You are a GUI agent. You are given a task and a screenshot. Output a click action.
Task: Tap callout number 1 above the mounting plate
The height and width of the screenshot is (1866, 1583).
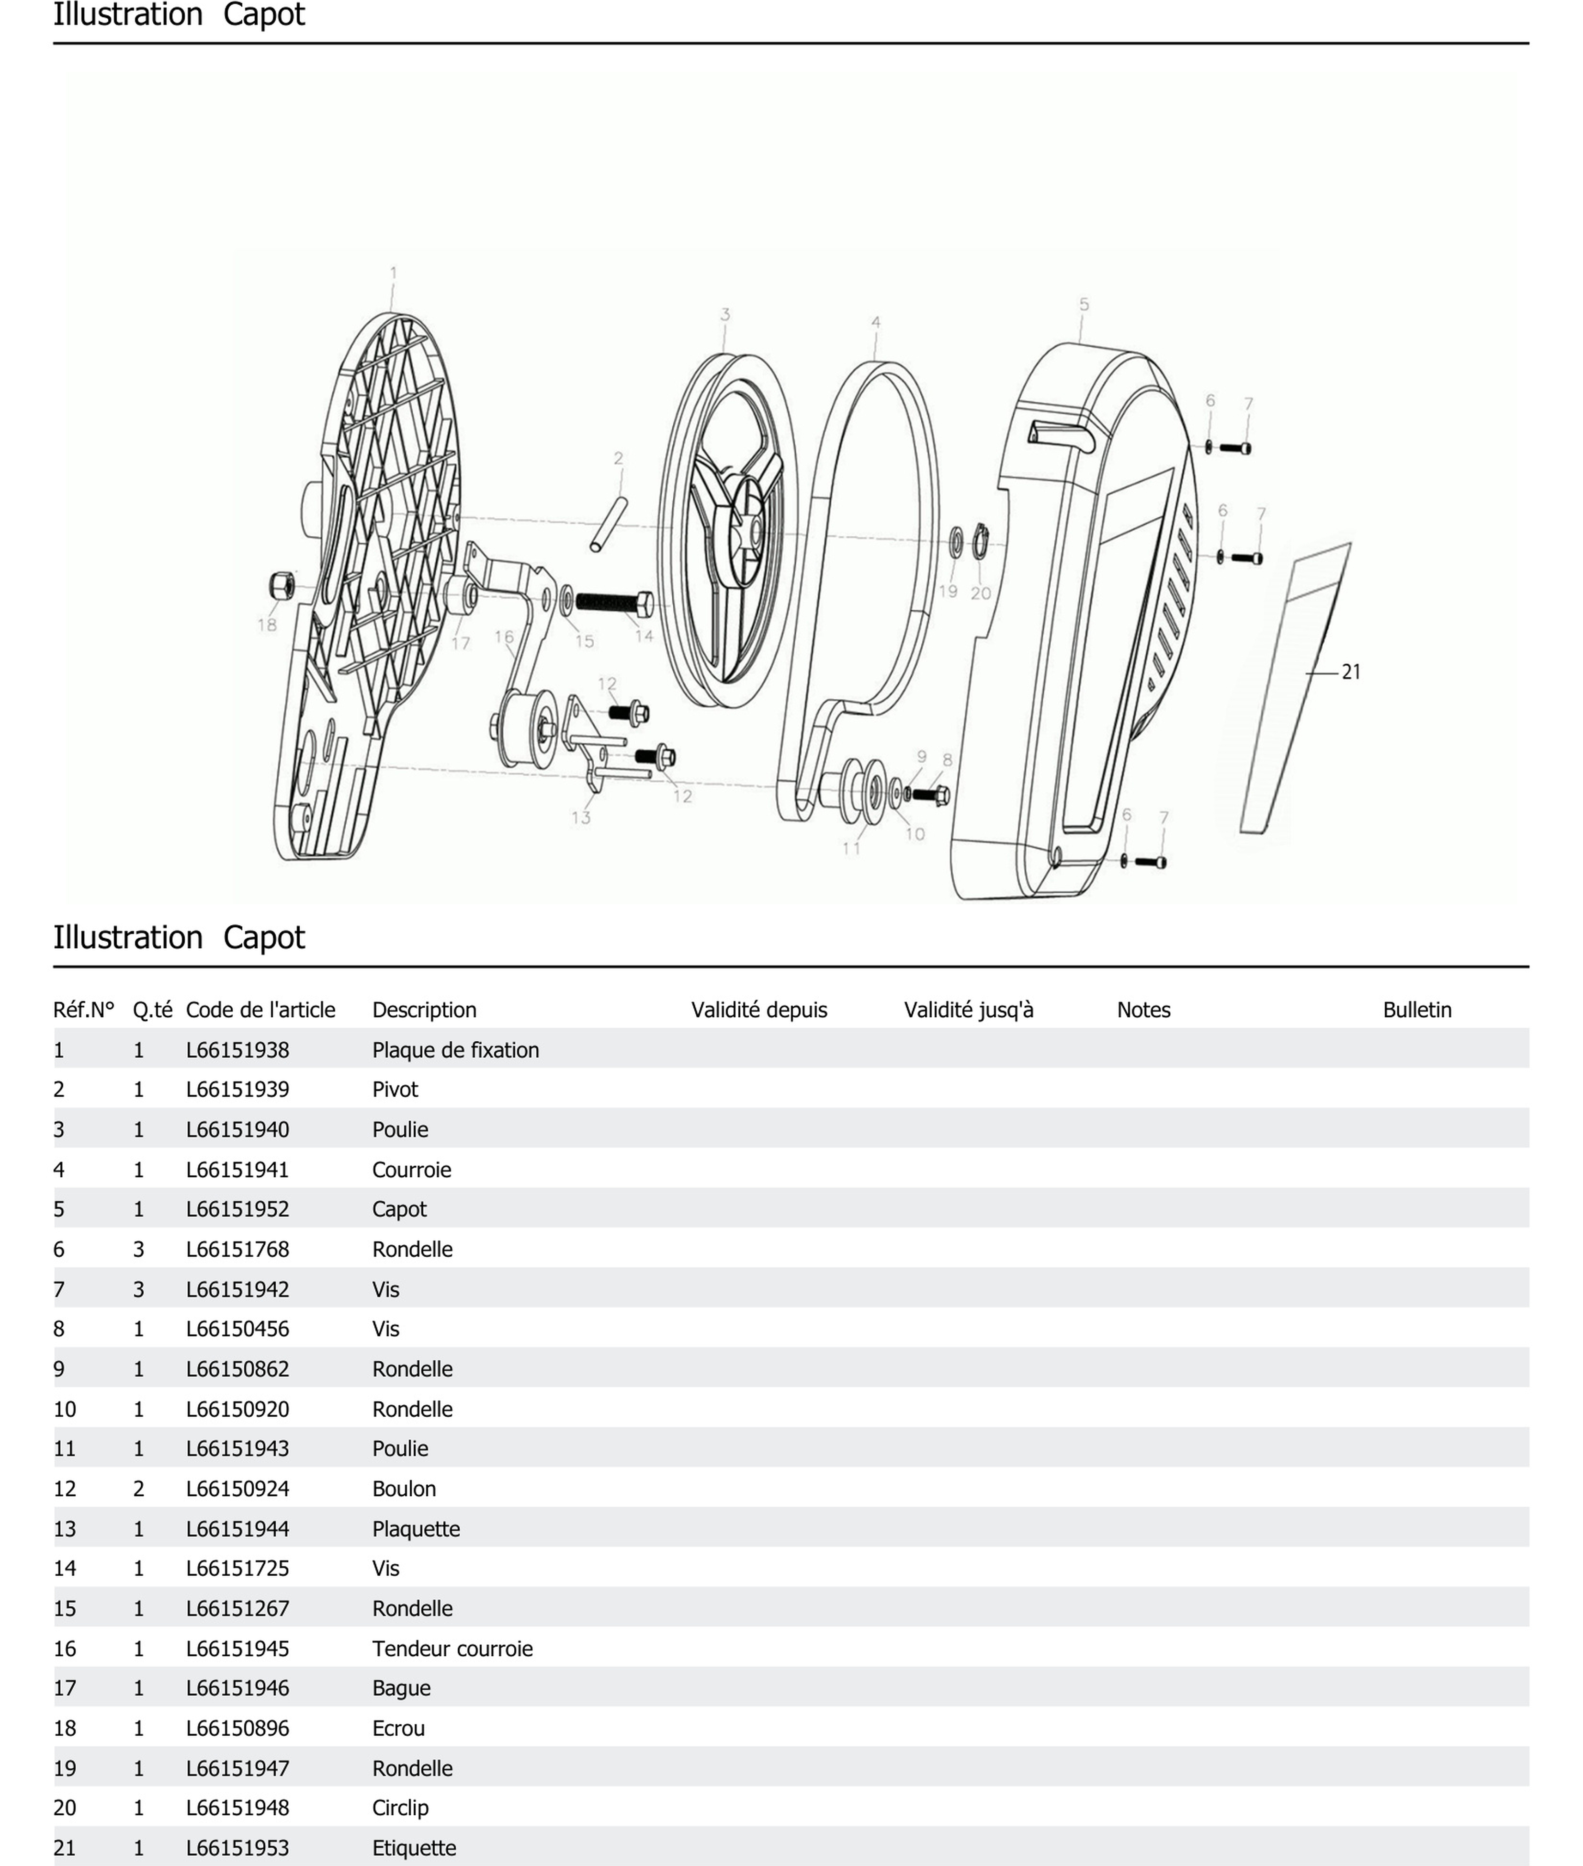(x=393, y=273)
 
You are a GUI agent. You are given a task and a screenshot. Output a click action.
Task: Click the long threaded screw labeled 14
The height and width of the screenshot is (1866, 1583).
(x=614, y=602)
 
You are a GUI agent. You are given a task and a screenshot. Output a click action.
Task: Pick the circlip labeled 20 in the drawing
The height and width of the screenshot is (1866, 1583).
(x=980, y=541)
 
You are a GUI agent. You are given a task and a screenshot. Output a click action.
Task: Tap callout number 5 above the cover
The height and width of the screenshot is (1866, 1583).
(x=1084, y=305)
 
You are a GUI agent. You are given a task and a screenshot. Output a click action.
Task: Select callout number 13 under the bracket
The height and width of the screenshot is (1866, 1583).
(x=581, y=818)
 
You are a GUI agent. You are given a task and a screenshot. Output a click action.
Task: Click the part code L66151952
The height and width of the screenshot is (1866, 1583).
(x=238, y=1209)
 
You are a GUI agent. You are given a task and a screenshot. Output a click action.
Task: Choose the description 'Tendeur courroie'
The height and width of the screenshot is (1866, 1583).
(x=452, y=1648)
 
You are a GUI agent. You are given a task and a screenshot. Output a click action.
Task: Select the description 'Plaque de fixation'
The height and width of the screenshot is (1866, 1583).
(x=455, y=1050)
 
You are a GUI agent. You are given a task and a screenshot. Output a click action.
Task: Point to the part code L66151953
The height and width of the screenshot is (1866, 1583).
(x=238, y=1848)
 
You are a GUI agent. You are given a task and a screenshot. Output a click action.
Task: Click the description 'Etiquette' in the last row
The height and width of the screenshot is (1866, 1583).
(x=414, y=1848)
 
